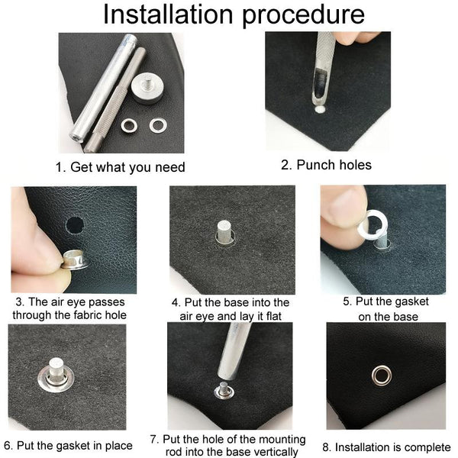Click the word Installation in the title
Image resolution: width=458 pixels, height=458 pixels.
pyautogui.click(x=168, y=14)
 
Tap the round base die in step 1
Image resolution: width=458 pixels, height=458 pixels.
pyautogui.click(x=147, y=88)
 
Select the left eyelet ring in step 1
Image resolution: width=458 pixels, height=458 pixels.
pyautogui.click(x=129, y=126)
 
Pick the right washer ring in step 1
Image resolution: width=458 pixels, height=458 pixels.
pyautogui.click(x=158, y=125)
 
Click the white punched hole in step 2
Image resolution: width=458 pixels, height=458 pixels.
pyautogui.click(x=320, y=109)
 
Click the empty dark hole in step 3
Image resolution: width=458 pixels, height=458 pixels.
pyautogui.click(x=75, y=225)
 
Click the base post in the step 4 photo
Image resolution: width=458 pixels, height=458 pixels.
pyautogui.click(x=224, y=231)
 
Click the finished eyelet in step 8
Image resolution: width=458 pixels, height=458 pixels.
pyautogui.click(x=382, y=376)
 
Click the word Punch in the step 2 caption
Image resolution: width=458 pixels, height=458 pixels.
pyautogui.click(x=315, y=165)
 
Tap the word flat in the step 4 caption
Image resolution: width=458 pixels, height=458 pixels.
pyautogui.click(x=274, y=316)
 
